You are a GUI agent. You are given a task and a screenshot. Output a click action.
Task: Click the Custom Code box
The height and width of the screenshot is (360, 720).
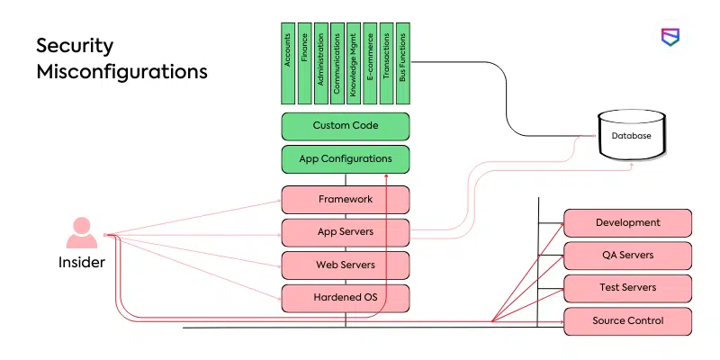(x=346, y=126)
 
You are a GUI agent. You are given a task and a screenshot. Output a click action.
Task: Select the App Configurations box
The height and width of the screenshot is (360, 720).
(x=346, y=159)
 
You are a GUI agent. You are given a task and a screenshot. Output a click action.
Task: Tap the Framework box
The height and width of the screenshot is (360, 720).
(x=346, y=200)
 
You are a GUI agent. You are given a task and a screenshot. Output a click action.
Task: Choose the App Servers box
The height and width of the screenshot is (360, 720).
(x=346, y=232)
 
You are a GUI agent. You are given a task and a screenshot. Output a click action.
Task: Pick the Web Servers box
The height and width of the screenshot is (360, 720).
(x=346, y=265)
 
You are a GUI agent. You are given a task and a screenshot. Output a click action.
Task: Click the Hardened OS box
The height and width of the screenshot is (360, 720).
(x=346, y=298)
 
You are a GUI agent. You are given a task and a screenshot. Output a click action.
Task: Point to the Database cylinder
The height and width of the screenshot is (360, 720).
(x=633, y=136)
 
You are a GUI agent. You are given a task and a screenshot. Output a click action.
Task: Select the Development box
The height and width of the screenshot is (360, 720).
(x=627, y=222)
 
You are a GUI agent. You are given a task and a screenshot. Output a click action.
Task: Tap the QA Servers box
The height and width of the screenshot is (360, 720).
(x=627, y=255)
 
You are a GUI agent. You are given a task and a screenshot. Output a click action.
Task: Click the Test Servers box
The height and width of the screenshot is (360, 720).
(x=627, y=288)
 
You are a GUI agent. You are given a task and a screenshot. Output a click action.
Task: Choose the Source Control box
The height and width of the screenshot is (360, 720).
(x=627, y=320)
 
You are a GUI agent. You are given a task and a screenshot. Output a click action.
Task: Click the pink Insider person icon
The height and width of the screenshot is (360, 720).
(x=82, y=233)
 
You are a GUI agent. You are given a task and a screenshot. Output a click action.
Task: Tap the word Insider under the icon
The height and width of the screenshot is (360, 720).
(x=82, y=263)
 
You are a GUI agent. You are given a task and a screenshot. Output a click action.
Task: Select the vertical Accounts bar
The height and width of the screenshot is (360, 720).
(x=288, y=63)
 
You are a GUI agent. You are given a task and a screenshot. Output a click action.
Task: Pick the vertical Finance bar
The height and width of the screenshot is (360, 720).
(x=304, y=63)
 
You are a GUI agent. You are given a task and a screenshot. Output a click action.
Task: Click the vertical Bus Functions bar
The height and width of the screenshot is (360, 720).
(x=402, y=63)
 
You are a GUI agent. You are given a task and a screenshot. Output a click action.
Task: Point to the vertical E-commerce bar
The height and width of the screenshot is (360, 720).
(x=370, y=63)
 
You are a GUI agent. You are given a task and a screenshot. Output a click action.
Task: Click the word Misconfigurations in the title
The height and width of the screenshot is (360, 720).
(x=121, y=71)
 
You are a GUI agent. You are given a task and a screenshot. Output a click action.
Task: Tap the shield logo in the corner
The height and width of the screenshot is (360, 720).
(x=670, y=38)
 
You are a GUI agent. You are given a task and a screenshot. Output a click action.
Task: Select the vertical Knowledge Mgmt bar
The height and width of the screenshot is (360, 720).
(x=354, y=63)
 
